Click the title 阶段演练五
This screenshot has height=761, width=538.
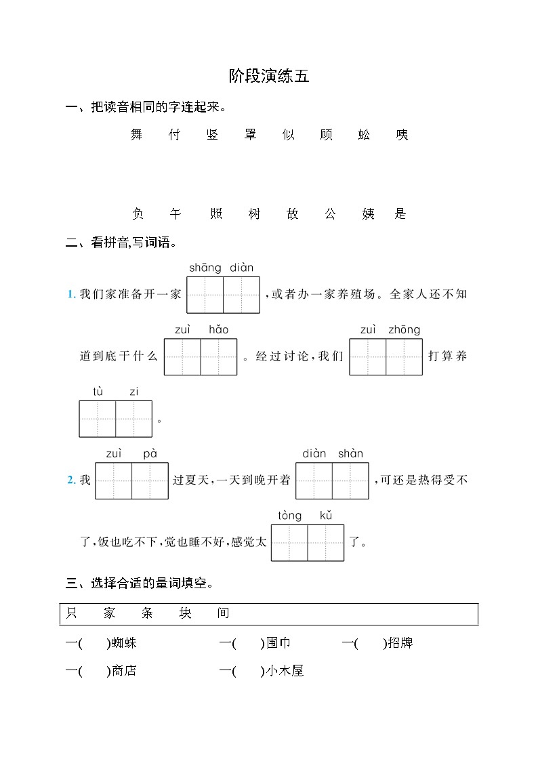pos(269,77)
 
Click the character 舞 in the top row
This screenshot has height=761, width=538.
pos(137,135)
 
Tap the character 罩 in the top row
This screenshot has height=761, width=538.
pos(251,135)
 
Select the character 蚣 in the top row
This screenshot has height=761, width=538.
pos(365,135)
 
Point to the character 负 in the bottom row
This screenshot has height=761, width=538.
pos(138,214)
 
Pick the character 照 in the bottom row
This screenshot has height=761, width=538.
pos(216,214)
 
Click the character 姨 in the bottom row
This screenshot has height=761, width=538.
pos(369,214)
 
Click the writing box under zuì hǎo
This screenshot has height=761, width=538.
pos(201,357)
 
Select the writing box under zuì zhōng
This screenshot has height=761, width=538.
pos(386,357)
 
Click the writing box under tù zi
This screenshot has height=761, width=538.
pos(116,419)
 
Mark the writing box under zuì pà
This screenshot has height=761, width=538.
pos(131,480)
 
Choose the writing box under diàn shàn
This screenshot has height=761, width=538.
pos(332,480)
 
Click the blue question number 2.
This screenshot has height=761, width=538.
pos(71,480)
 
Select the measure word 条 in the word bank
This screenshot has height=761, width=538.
pos(148,613)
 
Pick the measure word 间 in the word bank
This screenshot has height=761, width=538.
pos(224,613)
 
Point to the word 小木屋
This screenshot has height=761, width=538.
pos(285,672)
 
